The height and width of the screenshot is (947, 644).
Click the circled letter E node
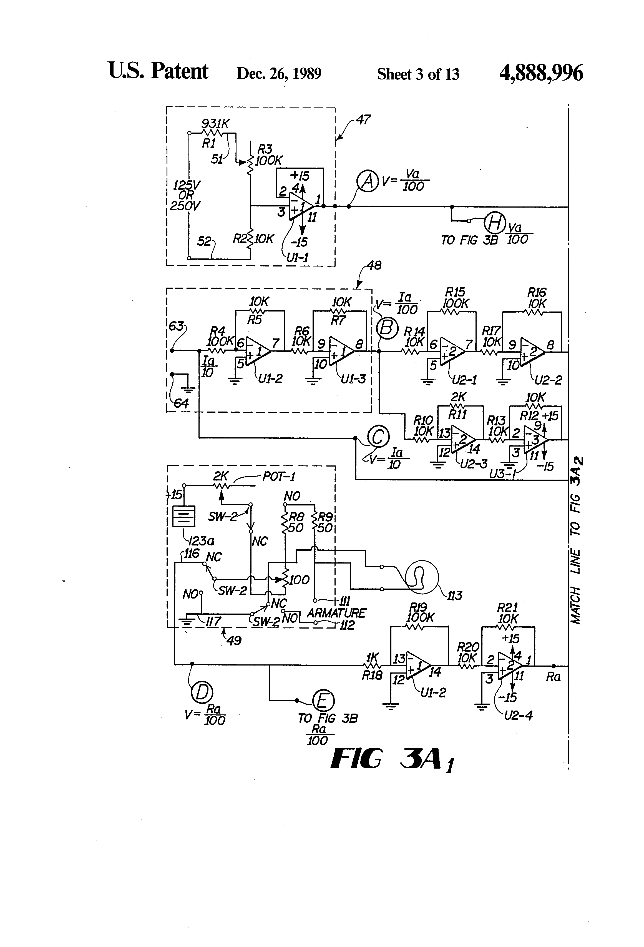tap(323, 701)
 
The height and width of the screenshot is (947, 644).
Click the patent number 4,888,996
tap(541, 73)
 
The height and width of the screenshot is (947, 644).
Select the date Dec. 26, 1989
tap(279, 74)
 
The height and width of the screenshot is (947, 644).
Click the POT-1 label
tap(279, 476)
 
